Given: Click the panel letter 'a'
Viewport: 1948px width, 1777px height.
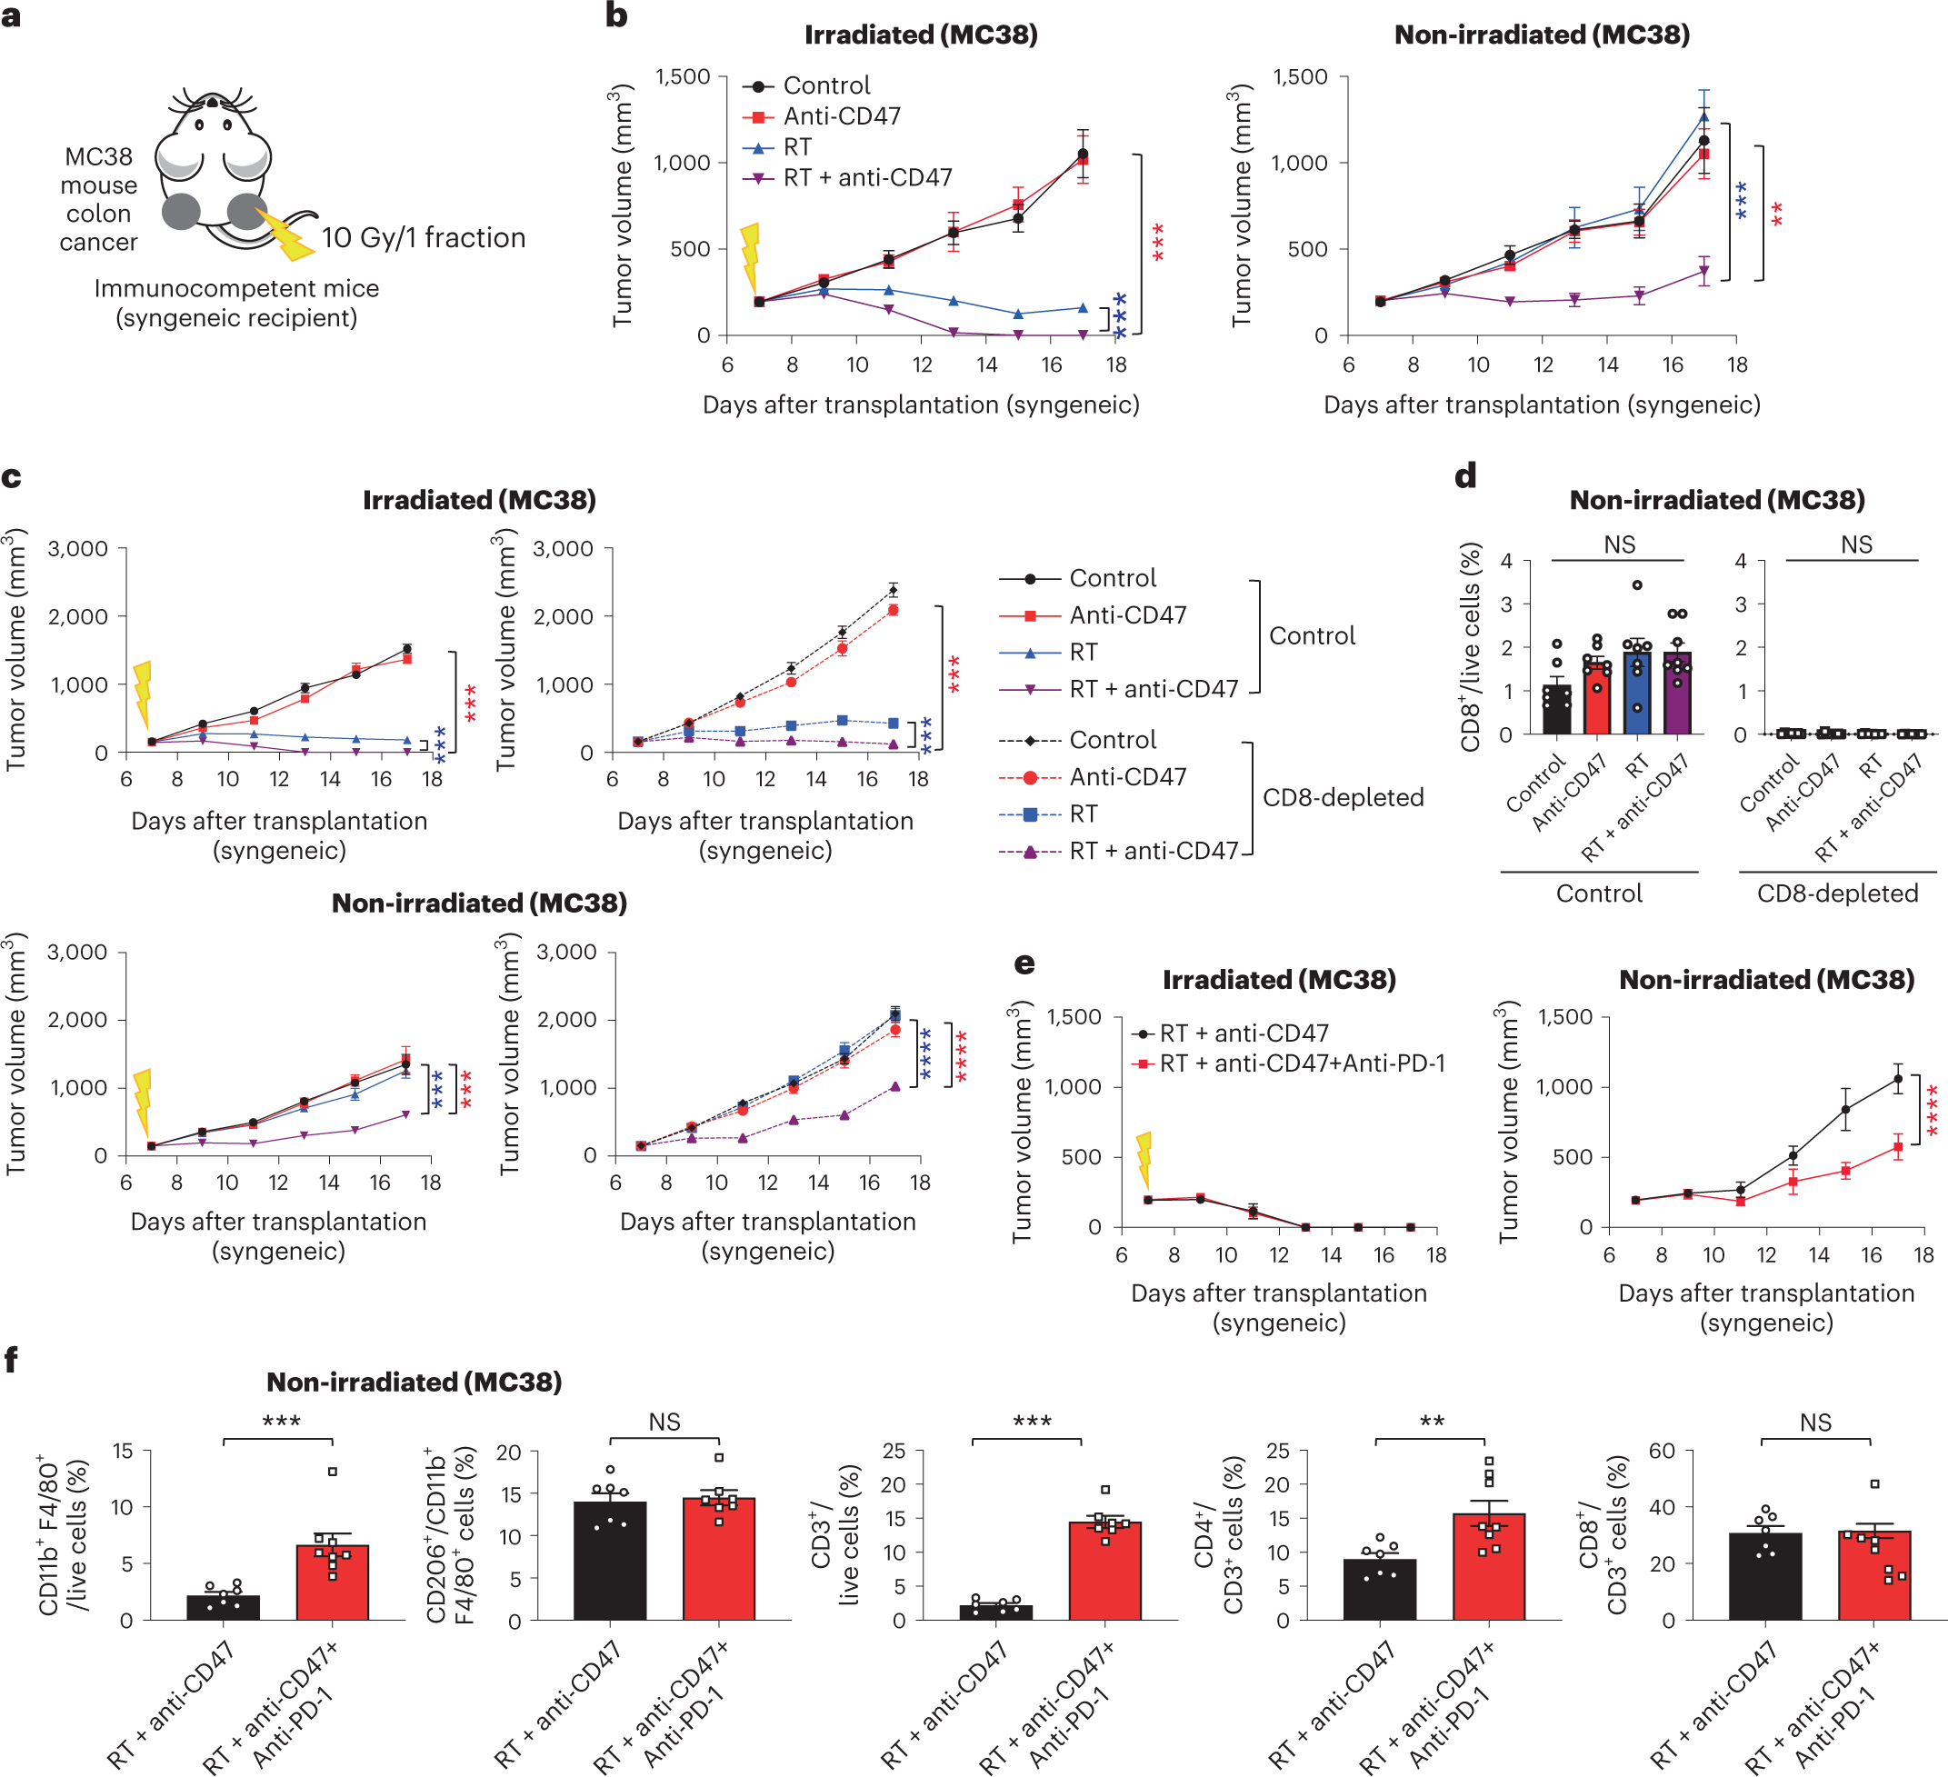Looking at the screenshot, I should (x=12, y=16).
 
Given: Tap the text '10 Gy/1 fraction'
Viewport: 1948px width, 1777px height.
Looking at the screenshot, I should (x=424, y=238).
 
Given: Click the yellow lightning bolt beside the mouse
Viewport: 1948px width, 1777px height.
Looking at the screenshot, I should (x=285, y=235).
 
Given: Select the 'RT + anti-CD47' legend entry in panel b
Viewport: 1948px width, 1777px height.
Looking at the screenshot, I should (x=846, y=178).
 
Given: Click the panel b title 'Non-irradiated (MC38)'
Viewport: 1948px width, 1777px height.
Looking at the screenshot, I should (x=1541, y=35).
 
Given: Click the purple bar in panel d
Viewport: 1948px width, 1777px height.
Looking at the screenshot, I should (x=1677, y=694).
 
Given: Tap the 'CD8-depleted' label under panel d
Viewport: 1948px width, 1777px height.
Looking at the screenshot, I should (x=1837, y=893).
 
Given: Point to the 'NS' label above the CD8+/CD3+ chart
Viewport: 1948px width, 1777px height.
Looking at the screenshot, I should (x=1814, y=1423).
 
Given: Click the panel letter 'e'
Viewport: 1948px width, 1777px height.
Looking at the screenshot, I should (x=1024, y=963).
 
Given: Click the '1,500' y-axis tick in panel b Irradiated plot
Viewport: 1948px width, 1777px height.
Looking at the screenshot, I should (x=682, y=77).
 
